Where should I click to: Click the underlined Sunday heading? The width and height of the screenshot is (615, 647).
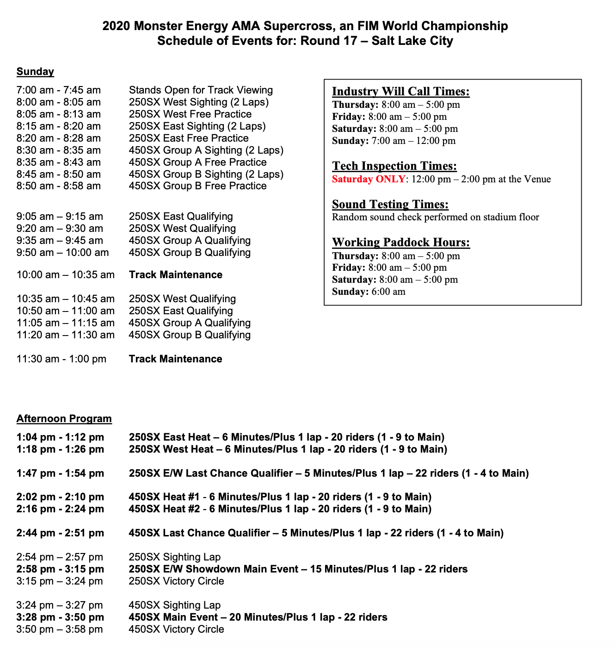tap(35, 72)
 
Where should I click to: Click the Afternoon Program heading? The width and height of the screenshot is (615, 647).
tap(64, 419)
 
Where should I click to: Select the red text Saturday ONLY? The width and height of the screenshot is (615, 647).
tap(369, 179)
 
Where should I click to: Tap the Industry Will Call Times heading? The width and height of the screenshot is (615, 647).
tap(400, 92)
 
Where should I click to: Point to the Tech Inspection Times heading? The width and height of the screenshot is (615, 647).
tap(394, 166)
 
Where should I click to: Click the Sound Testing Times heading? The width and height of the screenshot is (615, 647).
tap(390, 205)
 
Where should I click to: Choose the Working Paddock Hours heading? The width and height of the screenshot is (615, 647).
tap(400, 243)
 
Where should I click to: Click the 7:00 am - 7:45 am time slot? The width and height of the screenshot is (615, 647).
tap(58, 90)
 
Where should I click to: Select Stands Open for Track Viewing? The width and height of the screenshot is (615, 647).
tap(201, 90)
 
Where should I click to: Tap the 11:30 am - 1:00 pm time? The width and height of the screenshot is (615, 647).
tap(61, 359)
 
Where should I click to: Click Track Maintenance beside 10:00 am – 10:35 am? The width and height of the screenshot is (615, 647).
tap(175, 275)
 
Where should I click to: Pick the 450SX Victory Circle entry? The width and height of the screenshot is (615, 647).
tap(176, 629)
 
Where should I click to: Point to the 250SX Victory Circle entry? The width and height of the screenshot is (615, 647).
tap(176, 581)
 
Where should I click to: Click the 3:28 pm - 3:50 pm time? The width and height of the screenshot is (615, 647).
tap(60, 617)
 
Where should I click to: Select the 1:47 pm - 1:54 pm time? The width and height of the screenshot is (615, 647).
tap(60, 473)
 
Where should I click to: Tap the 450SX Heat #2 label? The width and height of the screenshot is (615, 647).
tap(164, 509)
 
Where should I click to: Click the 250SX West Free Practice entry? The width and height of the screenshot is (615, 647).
tap(190, 114)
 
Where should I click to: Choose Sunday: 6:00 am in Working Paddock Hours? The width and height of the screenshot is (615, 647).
tap(369, 292)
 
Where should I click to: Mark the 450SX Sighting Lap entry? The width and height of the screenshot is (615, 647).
tap(174, 605)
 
